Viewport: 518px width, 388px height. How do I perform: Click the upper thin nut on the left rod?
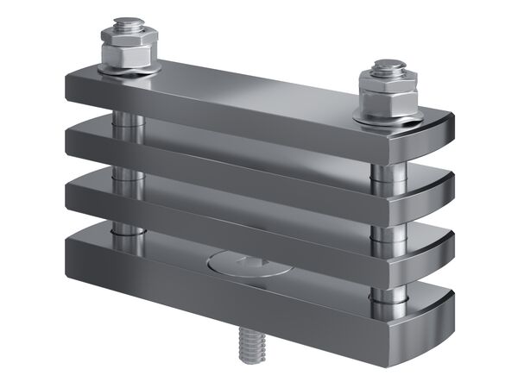[x=128, y=36]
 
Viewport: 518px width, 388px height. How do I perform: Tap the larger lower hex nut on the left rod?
[x=128, y=56]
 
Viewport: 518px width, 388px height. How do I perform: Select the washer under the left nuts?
[x=128, y=71]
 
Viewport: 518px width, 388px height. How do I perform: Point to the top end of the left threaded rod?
[x=128, y=21]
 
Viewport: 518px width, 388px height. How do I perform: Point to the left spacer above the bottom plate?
[x=128, y=228]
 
